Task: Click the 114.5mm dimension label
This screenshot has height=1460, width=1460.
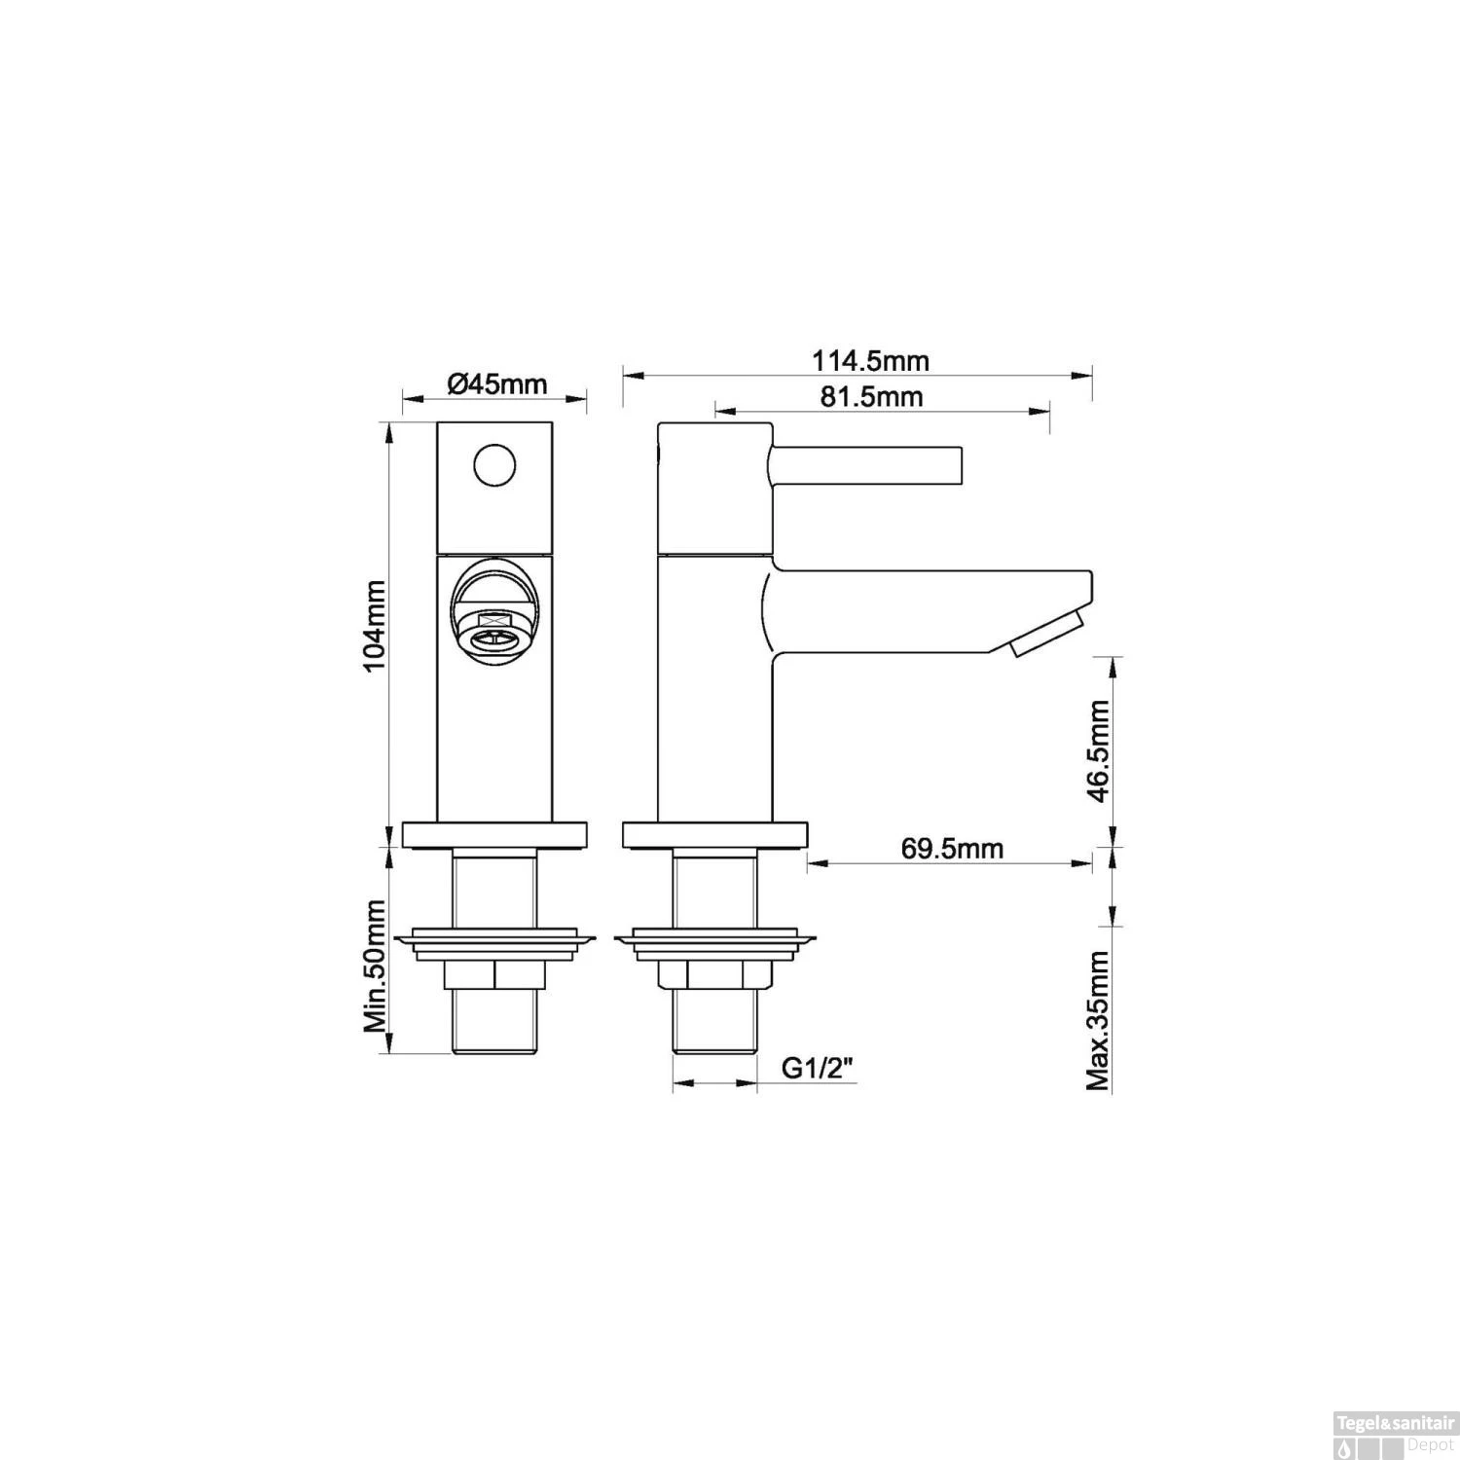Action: click(870, 361)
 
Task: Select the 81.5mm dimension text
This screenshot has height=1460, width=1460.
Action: click(872, 397)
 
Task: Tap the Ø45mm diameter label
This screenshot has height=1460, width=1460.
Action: click(497, 383)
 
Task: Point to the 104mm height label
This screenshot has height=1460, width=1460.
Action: click(374, 625)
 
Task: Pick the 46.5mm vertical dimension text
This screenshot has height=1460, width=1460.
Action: click(1099, 750)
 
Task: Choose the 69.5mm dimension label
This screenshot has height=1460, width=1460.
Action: click(951, 849)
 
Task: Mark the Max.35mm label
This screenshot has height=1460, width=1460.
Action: click(1099, 1020)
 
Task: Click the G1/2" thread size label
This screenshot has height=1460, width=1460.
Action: click(819, 1069)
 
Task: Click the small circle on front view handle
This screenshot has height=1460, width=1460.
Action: click(494, 464)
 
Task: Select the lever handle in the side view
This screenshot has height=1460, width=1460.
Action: click(866, 464)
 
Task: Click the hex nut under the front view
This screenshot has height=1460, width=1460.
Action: click(494, 974)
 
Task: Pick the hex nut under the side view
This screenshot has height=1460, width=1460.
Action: click(713, 974)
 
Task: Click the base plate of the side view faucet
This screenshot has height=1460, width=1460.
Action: click(713, 835)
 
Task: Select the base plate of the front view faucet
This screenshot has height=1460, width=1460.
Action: click(494, 835)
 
